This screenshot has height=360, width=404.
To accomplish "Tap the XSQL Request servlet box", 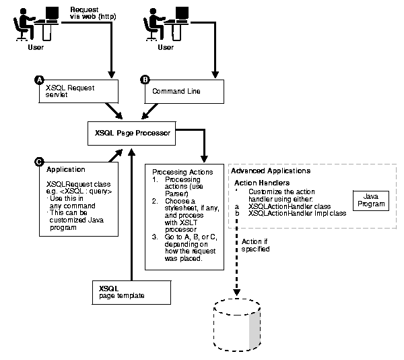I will (77, 92).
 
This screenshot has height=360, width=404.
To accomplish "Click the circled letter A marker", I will (40, 80).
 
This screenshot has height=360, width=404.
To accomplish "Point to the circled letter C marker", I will (38, 162).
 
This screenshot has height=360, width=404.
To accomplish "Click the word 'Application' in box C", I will (65, 170).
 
